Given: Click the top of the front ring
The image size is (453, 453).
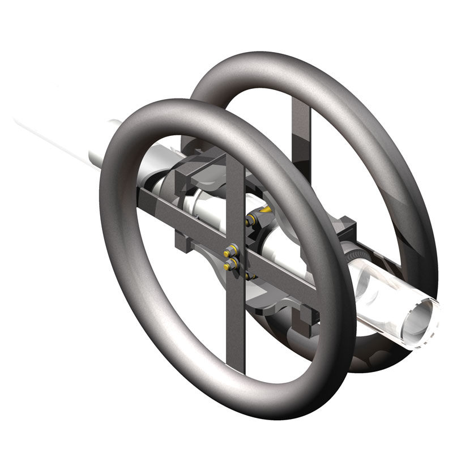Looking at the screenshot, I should click(x=170, y=108).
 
